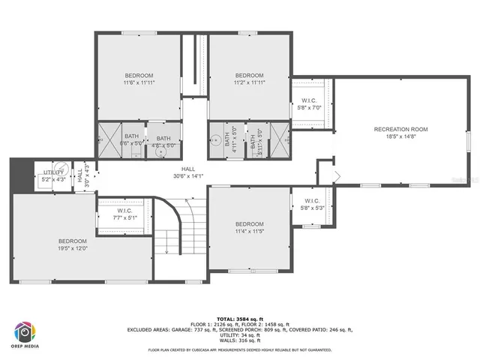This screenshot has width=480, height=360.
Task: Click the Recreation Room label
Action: (x=400, y=129)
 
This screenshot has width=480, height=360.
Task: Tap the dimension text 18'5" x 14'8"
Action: (x=400, y=137)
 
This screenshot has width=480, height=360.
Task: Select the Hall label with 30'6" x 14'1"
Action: (x=188, y=169)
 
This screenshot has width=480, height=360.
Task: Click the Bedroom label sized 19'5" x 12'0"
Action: (x=73, y=241)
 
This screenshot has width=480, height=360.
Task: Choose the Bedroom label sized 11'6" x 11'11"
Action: (x=139, y=76)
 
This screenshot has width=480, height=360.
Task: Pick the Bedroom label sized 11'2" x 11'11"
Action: (x=249, y=76)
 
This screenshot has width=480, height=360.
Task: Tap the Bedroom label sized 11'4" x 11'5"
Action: (x=249, y=224)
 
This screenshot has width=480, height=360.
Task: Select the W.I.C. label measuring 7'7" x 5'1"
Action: (x=124, y=211)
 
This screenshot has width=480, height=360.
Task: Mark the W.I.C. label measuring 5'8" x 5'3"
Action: (x=313, y=200)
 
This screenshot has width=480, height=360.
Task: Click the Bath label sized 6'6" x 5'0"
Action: (x=131, y=136)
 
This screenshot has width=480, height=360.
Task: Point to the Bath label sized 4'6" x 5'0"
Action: (x=163, y=138)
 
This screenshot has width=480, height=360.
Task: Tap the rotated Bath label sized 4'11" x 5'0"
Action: (x=226, y=139)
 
